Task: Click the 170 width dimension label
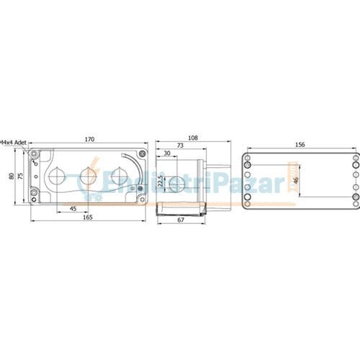pos(89,139)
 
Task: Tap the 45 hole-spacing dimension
pos(73,208)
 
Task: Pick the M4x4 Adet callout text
pos(14,143)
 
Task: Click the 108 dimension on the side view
pos(192,137)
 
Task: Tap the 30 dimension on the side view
pos(167,154)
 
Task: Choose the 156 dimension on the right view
pos(300,145)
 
